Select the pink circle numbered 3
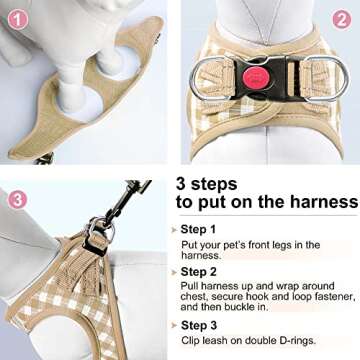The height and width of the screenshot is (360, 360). point(15,199)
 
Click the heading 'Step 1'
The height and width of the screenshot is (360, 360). point(201,229)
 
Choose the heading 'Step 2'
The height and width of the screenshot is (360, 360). point(201,272)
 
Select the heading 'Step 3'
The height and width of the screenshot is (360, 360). point(201,326)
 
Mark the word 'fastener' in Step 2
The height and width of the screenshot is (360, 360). point(325,298)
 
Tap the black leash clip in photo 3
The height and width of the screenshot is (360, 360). point(119,201)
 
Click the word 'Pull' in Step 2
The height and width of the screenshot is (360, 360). point(191,286)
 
